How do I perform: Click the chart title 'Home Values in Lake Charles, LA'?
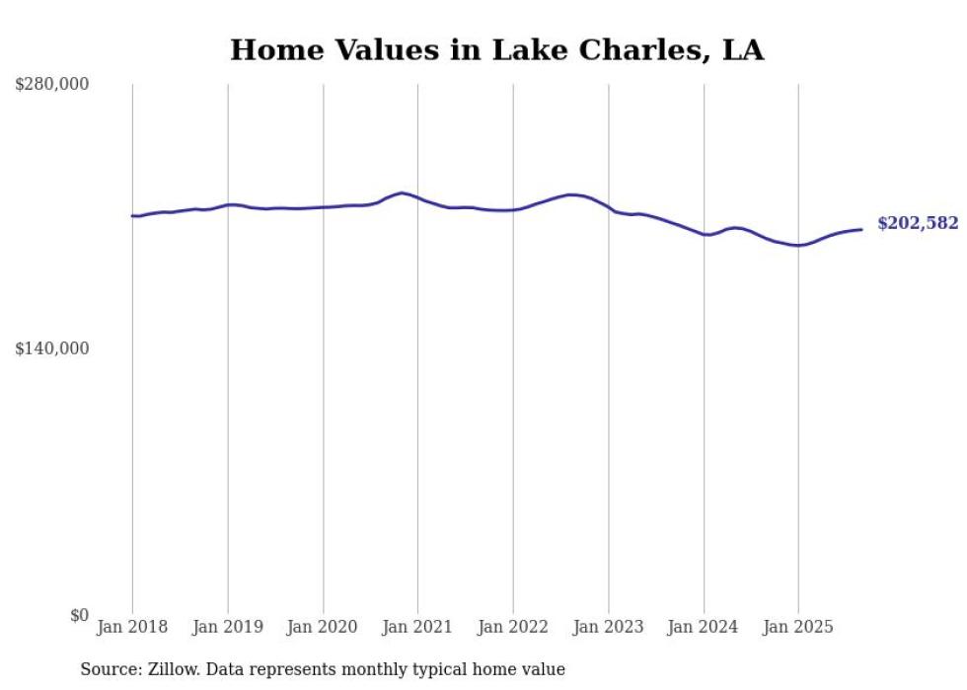496,50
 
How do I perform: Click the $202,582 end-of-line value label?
917,224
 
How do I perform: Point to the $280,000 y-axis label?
51,85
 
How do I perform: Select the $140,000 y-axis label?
51,348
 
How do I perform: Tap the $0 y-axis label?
79,615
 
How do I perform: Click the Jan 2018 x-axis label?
132,627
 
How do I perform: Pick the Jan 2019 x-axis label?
228,627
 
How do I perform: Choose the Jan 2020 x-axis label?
323,627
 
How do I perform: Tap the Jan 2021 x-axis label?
418,627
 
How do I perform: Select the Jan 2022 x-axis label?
513,627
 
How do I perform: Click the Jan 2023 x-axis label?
609,627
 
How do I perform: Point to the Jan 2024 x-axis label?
704,627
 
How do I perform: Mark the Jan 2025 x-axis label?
798,627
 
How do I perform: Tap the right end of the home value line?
861,229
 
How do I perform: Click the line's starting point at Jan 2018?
132,215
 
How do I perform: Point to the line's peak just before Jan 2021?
402,192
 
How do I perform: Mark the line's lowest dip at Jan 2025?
798,245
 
